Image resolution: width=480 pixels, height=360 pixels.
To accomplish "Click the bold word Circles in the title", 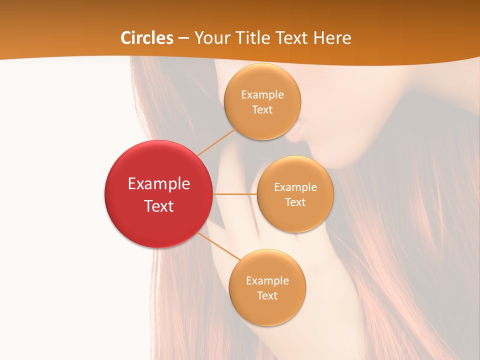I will point(147,38).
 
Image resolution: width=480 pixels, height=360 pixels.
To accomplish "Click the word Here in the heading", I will point(331,38).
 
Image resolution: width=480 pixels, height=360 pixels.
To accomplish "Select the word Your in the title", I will point(211,38).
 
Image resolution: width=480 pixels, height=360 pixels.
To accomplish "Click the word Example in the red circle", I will point(159,184).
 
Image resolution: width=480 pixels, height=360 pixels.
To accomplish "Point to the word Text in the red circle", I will point(159,206).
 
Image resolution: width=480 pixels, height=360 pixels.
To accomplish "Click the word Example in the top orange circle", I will point(262,95).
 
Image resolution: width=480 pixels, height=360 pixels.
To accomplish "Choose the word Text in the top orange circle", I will point(262,109).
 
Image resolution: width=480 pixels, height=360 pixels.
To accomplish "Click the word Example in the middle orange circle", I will point(295,187).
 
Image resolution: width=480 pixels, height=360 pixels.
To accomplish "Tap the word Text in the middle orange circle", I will point(295,202).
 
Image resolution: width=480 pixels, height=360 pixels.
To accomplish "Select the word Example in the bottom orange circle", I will point(267,281).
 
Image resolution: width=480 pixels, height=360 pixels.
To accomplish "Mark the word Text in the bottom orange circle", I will point(267,295).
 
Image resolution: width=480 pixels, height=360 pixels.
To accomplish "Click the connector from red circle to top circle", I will point(216,142).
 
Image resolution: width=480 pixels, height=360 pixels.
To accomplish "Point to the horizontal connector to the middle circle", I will point(235,194).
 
